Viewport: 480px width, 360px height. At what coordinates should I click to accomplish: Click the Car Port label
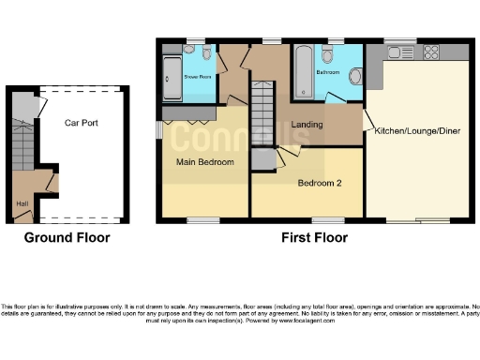coord(82,123)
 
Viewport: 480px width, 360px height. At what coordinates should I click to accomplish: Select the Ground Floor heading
coord(67,237)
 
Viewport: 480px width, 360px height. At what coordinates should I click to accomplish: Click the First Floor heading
coord(315,237)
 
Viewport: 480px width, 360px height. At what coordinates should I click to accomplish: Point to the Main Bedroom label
coord(204,162)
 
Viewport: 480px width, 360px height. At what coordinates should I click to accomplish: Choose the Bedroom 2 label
coord(319,183)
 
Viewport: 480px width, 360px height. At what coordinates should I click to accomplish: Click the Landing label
coord(307,125)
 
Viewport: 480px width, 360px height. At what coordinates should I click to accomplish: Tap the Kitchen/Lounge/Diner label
coord(416,131)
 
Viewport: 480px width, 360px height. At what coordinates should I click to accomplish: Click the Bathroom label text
coord(328,71)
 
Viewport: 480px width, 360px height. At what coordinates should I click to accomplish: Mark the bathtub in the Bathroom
coord(303,71)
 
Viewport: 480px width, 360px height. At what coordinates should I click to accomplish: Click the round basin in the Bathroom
coord(354,74)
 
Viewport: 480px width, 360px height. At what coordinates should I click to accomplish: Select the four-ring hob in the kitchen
coord(434,51)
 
